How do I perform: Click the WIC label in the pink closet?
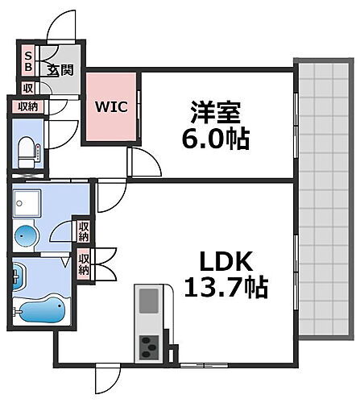pyautogui.click(x=111, y=106)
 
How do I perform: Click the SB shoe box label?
pyautogui.click(x=28, y=61)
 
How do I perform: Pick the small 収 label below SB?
pyautogui.click(x=28, y=89)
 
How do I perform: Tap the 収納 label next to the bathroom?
pyautogui.click(x=84, y=265)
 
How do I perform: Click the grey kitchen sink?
pyautogui.click(x=150, y=301)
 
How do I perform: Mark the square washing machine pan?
pyautogui.click(x=28, y=205)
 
